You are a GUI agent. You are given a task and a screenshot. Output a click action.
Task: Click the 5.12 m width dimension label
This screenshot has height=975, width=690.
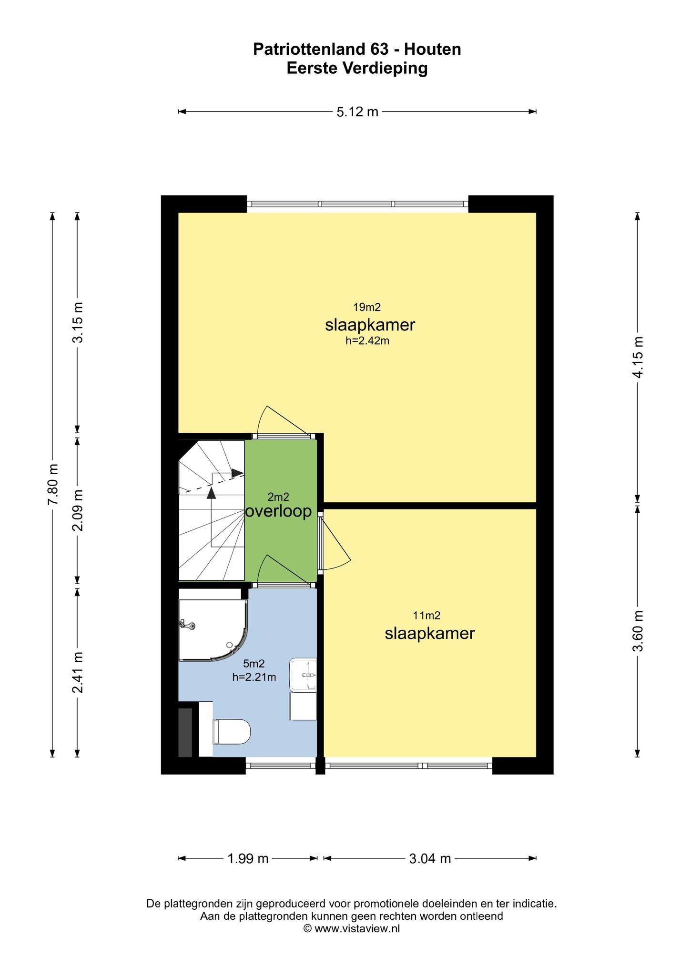(x=357, y=112)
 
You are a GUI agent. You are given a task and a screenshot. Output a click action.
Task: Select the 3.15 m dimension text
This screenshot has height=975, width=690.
(x=78, y=322)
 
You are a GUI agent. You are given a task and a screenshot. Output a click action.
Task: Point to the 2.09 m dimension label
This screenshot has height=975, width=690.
(x=78, y=510)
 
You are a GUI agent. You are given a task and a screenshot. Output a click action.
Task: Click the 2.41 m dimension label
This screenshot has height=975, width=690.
(x=78, y=673)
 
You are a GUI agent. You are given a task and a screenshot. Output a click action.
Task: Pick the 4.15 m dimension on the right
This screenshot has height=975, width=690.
(x=638, y=357)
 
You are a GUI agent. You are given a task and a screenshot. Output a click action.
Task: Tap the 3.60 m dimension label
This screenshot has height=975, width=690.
(x=638, y=631)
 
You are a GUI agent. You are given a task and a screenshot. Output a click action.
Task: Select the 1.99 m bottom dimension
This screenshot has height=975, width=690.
(x=248, y=858)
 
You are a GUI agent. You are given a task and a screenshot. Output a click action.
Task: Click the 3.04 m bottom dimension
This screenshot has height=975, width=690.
(x=430, y=858)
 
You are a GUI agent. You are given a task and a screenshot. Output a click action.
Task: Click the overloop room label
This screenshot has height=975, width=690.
(x=278, y=511)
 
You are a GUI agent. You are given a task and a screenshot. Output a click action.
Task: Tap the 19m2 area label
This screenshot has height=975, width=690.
(x=367, y=307)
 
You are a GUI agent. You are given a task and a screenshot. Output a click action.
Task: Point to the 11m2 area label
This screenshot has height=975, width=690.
(x=426, y=616)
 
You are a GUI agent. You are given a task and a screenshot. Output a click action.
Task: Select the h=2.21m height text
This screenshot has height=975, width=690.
(x=254, y=677)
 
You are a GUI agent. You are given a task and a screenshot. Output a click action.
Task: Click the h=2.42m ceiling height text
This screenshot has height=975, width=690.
(x=367, y=340)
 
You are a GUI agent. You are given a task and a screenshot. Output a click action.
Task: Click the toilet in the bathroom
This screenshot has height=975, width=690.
(x=232, y=731)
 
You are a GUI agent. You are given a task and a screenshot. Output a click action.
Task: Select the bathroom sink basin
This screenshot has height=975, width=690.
(x=303, y=675)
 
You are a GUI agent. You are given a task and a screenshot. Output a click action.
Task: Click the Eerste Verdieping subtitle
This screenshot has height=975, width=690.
(x=357, y=69)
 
